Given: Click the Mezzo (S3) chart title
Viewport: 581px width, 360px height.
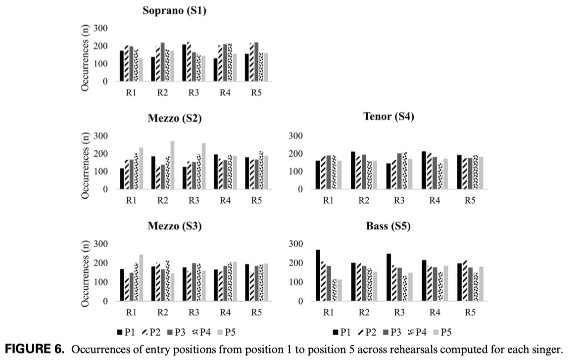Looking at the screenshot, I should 174,227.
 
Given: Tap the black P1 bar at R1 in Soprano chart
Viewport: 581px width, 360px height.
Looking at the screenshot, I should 122,66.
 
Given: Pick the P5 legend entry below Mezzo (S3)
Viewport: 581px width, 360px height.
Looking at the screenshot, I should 233,332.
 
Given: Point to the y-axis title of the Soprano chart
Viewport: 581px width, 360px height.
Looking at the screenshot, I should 86,58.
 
